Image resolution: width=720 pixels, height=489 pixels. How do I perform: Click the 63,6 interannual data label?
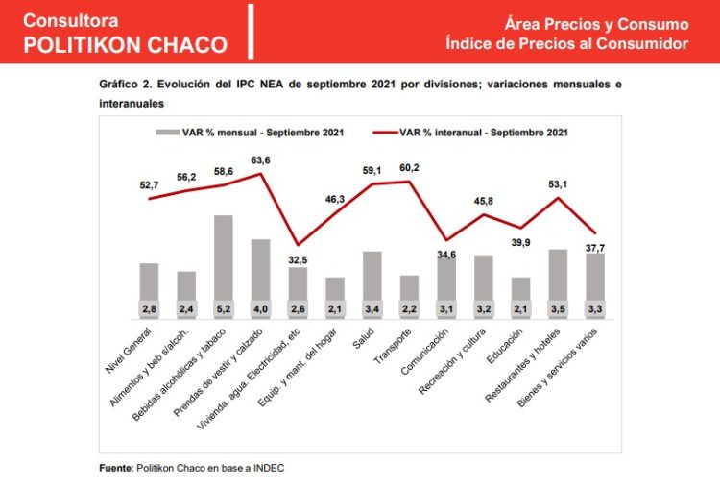click(x=261, y=160)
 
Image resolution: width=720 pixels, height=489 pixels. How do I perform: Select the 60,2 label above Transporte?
click(x=411, y=168)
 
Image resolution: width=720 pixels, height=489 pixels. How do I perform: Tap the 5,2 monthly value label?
click(x=223, y=308)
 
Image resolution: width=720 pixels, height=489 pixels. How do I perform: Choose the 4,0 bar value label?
click(x=260, y=308)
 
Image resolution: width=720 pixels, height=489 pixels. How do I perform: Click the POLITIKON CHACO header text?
click(x=125, y=44)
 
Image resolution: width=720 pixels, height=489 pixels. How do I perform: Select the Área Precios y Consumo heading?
click(x=596, y=24)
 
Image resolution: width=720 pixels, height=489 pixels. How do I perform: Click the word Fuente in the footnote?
click(x=115, y=468)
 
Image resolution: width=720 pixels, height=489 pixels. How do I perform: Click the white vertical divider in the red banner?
click(x=250, y=32)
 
